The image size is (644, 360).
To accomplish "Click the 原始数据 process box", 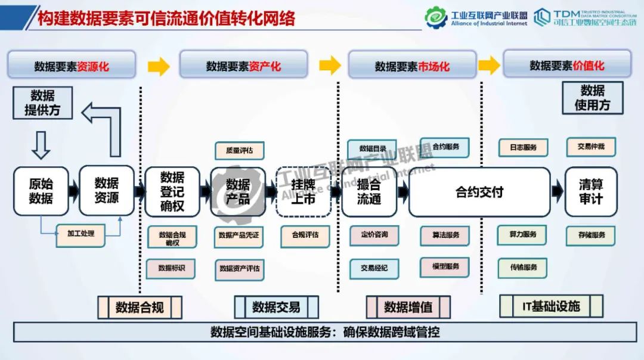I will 41,191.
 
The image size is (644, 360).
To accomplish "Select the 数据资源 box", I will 107,191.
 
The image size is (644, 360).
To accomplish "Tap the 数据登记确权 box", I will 172,191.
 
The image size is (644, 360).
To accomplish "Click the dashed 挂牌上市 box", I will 303,191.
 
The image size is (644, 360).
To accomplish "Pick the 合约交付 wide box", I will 479,192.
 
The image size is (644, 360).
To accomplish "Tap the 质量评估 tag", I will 239,151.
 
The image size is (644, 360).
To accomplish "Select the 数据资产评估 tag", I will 239,269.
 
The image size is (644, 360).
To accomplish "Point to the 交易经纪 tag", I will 374,268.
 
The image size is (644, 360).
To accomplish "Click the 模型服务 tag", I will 445,266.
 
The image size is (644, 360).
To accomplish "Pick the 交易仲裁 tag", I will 590,146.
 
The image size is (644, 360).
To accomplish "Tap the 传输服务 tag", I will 522,267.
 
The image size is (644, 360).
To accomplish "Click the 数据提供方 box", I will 42,103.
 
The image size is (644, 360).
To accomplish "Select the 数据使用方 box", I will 592,98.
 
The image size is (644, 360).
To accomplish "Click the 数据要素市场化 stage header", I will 412,66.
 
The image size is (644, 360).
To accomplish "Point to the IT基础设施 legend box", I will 550,306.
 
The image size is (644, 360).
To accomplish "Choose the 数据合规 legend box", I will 140,308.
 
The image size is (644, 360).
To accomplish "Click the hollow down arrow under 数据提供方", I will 41,145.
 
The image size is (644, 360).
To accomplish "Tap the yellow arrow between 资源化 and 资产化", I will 159,66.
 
